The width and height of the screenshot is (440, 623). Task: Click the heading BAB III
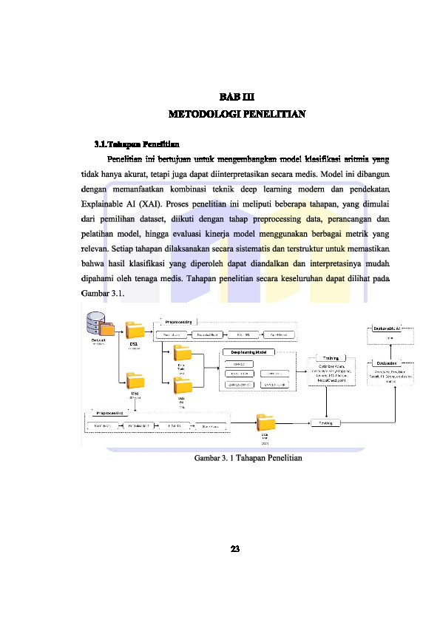[x=236, y=97]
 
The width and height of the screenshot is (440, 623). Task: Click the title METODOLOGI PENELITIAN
[x=236, y=115]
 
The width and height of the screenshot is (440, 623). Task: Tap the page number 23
[x=236, y=548]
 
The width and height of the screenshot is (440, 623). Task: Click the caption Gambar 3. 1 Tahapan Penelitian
[x=248, y=459]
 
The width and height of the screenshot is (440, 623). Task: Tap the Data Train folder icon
[x=181, y=354]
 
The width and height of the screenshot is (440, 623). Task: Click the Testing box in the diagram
[x=326, y=423]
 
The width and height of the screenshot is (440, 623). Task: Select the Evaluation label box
[x=388, y=363]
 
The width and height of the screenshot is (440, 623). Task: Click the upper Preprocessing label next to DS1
[x=179, y=323]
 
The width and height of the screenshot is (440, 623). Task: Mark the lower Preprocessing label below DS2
[x=111, y=411]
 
